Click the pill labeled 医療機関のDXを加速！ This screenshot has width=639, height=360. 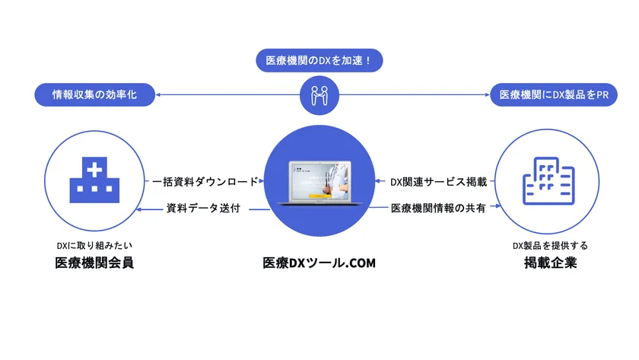pos(319,60)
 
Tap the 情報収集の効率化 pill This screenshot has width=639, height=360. pos(94,94)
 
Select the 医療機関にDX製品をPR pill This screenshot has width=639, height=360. pos(554,94)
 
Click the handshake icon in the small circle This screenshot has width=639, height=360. pos(319,95)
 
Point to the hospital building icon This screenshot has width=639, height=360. pos(94,180)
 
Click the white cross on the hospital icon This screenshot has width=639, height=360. pos(94,170)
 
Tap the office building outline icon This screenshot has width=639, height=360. pos(548,181)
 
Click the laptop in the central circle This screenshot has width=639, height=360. pos(319,183)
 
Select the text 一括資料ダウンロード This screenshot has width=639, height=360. pos(205,181)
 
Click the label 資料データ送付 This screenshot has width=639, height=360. pos(203,208)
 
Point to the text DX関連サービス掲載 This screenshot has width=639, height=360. pos(438,182)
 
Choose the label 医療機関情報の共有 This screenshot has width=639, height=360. pos(438,208)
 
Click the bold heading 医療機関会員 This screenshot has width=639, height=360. pos(94,263)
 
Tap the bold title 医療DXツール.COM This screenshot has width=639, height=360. pos(319,263)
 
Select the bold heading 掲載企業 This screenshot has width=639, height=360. pos(550,263)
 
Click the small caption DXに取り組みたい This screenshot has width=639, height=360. pos(94,245)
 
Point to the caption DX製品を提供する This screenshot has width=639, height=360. pos(550,245)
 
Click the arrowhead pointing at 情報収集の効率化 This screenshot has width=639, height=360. pos(158,94)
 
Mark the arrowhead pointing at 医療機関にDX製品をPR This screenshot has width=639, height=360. pos(487,94)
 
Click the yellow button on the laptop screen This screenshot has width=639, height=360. pos(319,196)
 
